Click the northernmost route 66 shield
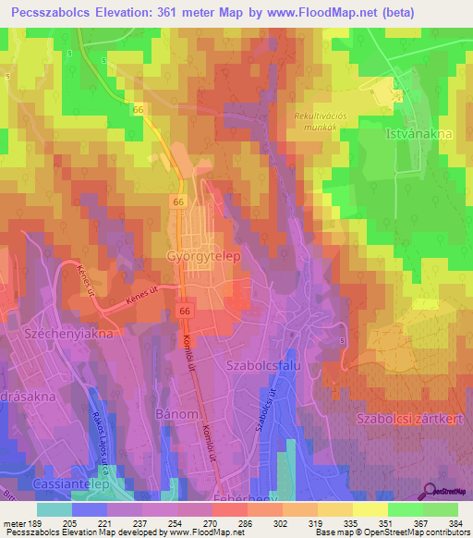[139, 109]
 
